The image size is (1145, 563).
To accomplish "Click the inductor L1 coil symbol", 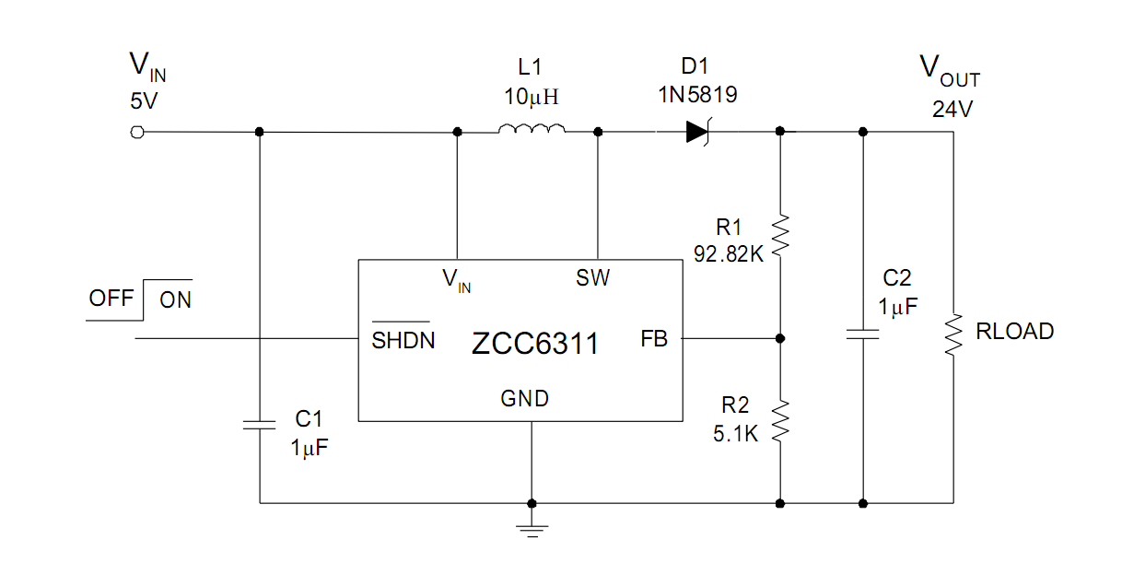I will click(x=532, y=129).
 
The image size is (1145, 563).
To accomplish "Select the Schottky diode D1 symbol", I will click(x=697, y=132).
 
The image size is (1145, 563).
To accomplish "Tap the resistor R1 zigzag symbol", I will click(x=780, y=234).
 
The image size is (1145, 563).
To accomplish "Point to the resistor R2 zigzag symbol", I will click(x=780, y=420).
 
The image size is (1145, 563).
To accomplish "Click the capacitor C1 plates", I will click(x=259, y=424).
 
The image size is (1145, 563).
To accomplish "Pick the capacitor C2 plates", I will click(x=862, y=333).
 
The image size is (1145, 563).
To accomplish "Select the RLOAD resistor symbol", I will click(x=953, y=335).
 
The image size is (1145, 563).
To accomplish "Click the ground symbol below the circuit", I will click(x=532, y=529).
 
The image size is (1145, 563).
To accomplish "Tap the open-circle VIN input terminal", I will click(x=138, y=132).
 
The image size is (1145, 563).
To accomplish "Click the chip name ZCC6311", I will click(x=534, y=345).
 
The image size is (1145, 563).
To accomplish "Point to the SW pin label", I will click(x=592, y=277).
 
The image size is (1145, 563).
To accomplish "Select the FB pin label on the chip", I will click(x=654, y=339).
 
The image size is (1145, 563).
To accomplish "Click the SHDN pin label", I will click(x=403, y=341).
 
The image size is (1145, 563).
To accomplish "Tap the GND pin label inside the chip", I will click(x=524, y=399).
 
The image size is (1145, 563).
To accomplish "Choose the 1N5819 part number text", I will click(x=696, y=95).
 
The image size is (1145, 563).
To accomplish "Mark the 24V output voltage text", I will click(x=952, y=110).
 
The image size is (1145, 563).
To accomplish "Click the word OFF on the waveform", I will click(x=111, y=299).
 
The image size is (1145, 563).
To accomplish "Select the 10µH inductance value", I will click(x=532, y=96).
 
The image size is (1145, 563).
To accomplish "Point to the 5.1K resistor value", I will click(x=735, y=433).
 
